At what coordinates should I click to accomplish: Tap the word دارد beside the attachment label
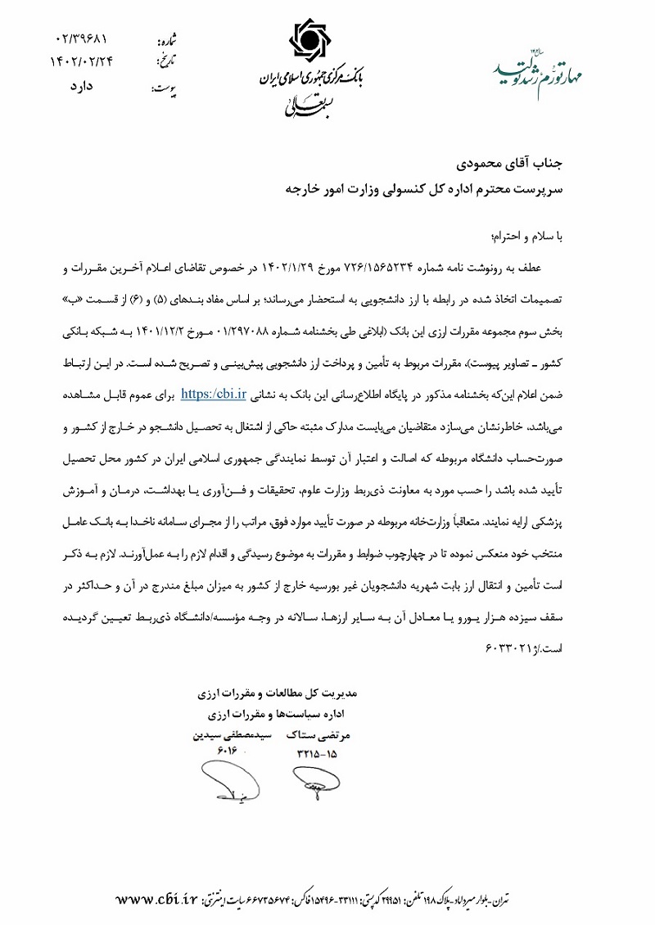click(81, 84)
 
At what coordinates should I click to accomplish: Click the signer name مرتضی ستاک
click(314, 735)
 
